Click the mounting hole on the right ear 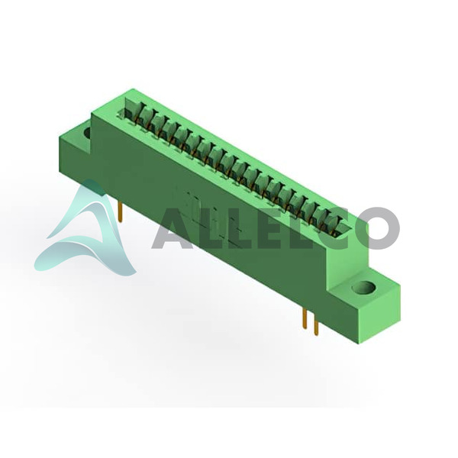point(364,287)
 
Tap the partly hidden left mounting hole point(87,132)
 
